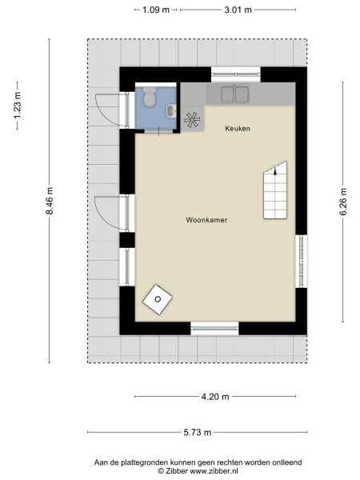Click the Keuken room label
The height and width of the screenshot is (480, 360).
(238, 128)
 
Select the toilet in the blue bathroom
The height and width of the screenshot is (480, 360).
(148, 99)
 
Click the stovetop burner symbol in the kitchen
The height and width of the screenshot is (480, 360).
(192, 121)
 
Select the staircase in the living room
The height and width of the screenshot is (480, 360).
(275, 191)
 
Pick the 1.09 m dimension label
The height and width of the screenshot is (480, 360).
(155, 10)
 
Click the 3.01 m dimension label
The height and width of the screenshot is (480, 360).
(237, 10)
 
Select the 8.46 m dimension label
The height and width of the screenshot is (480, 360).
(50, 200)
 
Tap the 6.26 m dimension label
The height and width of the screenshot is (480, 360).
(343, 200)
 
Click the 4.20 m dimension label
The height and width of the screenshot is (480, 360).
(214, 396)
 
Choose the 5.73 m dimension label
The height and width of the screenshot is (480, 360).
(196, 432)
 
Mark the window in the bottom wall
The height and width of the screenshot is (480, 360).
(214, 327)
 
